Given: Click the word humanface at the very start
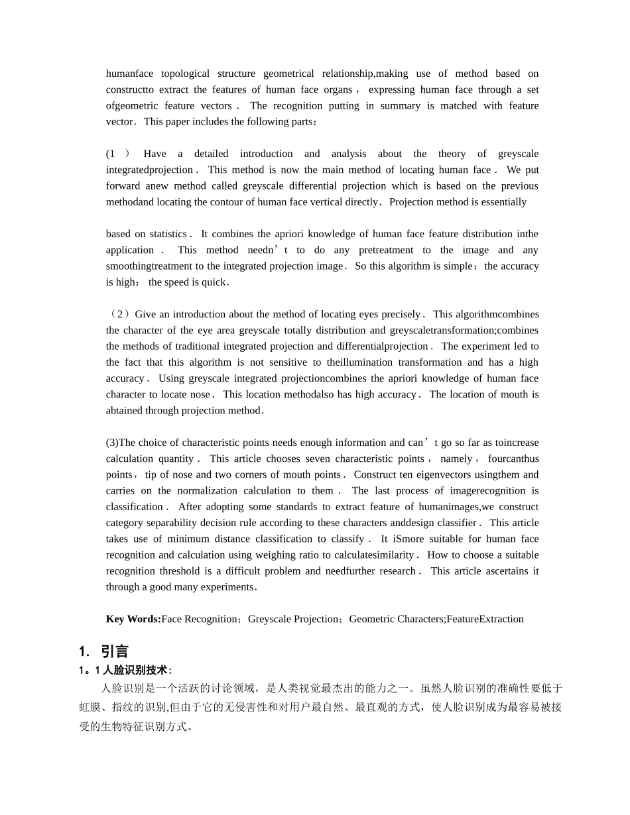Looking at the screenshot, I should tap(129, 74).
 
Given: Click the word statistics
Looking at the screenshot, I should tap(168, 234).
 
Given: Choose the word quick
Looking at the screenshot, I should tap(214, 282).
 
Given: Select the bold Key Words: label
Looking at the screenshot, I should tap(133, 619).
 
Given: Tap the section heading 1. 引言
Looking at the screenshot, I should tap(103, 651).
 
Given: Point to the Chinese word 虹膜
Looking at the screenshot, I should tap(90, 707).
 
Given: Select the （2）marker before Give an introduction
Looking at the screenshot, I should tap(119, 314).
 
